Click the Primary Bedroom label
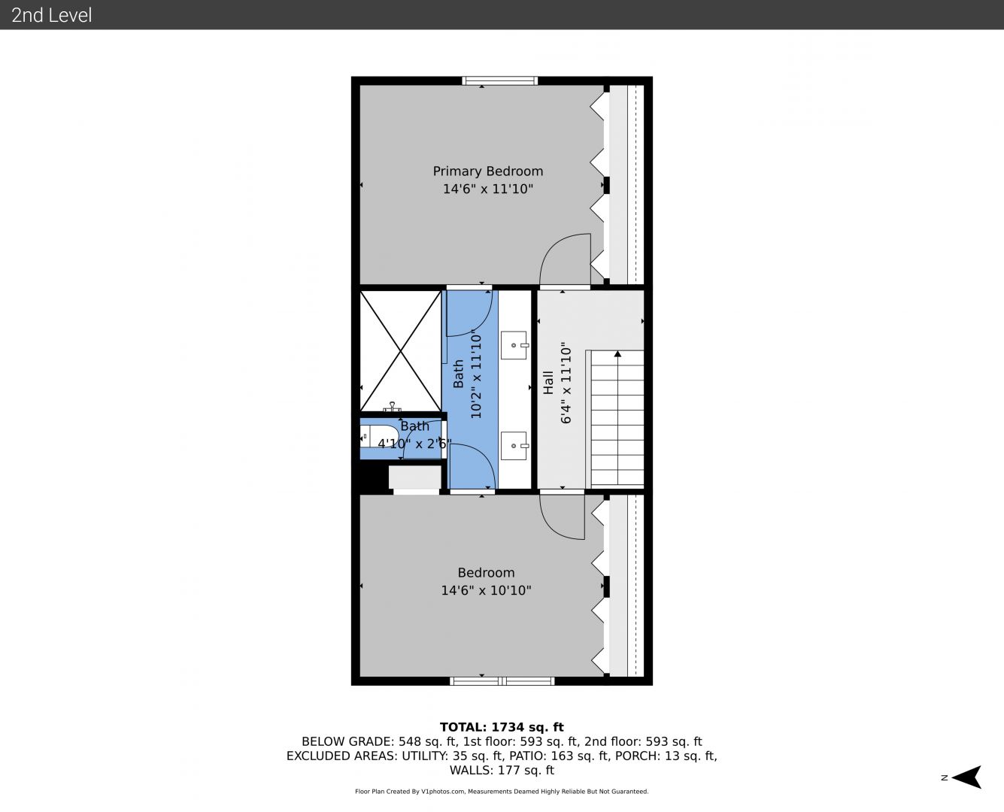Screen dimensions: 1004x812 (x=488, y=171)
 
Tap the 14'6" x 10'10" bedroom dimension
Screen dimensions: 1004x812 (x=486, y=590)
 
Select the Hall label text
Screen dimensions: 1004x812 (x=547, y=383)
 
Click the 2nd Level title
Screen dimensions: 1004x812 (x=51, y=15)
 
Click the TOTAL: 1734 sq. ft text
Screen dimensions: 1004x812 (x=502, y=727)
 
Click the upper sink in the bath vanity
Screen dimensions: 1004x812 (x=514, y=345)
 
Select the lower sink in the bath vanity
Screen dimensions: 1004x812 (x=514, y=445)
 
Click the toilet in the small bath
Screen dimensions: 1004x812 (x=380, y=436)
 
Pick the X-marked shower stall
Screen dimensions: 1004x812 (x=401, y=351)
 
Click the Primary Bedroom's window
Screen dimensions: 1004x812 (x=499, y=80)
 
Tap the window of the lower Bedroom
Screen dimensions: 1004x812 (x=502, y=681)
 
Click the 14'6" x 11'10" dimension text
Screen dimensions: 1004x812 (x=488, y=189)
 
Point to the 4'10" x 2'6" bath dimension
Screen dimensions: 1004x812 (x=415, y=444)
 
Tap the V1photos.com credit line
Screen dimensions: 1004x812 (x=502, y=791)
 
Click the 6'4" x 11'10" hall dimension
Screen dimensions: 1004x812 (x=566, y=383)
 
